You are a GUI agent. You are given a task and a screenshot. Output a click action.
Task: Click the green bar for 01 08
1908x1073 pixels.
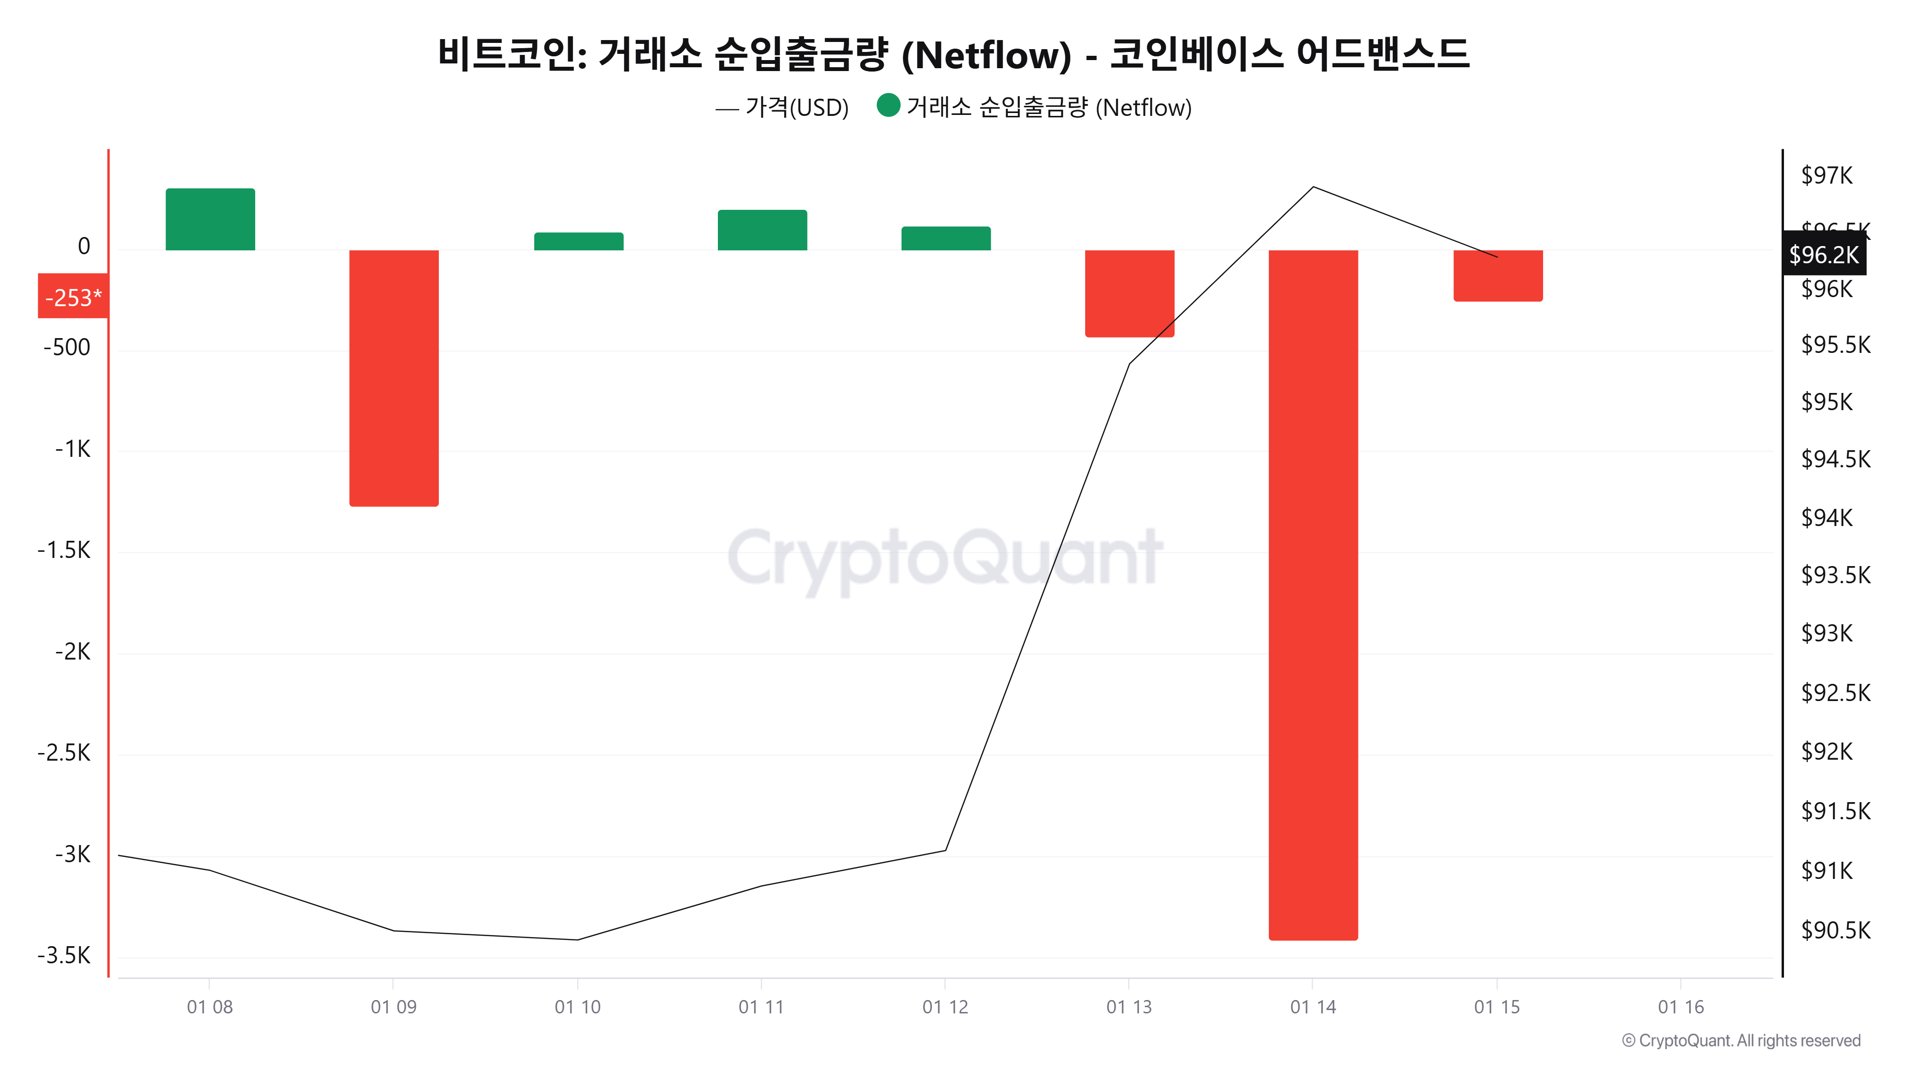tap(210, 219)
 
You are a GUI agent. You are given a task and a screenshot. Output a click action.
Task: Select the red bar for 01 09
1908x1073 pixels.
tap(394, 378)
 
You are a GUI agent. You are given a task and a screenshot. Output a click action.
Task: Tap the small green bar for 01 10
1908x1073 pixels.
tap(579, 241)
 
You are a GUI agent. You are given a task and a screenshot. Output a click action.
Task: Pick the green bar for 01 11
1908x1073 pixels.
tap(762, 230)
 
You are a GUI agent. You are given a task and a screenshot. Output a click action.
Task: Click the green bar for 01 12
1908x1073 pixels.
tap(946, 238)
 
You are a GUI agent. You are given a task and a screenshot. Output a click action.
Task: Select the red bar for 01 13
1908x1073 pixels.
tap(1130, 293)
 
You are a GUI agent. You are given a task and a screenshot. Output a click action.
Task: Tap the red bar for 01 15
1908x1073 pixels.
tap(1498, 276)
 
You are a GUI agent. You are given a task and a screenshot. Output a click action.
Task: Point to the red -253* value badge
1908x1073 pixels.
tap(73, 297)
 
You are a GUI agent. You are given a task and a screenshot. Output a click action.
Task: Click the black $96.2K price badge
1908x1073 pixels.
tap(1824, 255)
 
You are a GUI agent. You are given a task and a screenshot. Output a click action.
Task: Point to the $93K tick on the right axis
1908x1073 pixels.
tap(1826, 633)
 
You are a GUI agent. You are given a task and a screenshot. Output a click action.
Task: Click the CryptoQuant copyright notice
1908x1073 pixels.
tap(1741, 1041)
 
